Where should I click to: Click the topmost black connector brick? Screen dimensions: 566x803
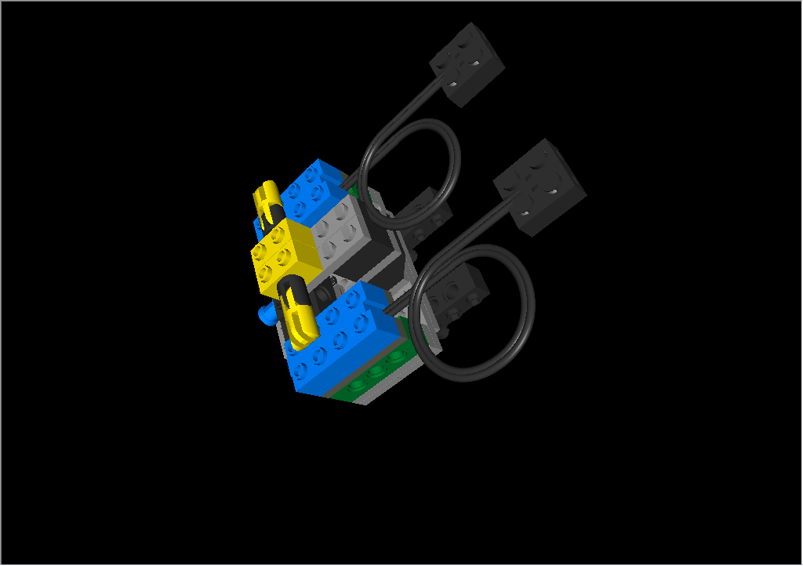[468, 64]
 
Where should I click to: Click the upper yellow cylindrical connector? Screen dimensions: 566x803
[267, 205]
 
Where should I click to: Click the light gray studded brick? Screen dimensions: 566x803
[339, 231]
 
